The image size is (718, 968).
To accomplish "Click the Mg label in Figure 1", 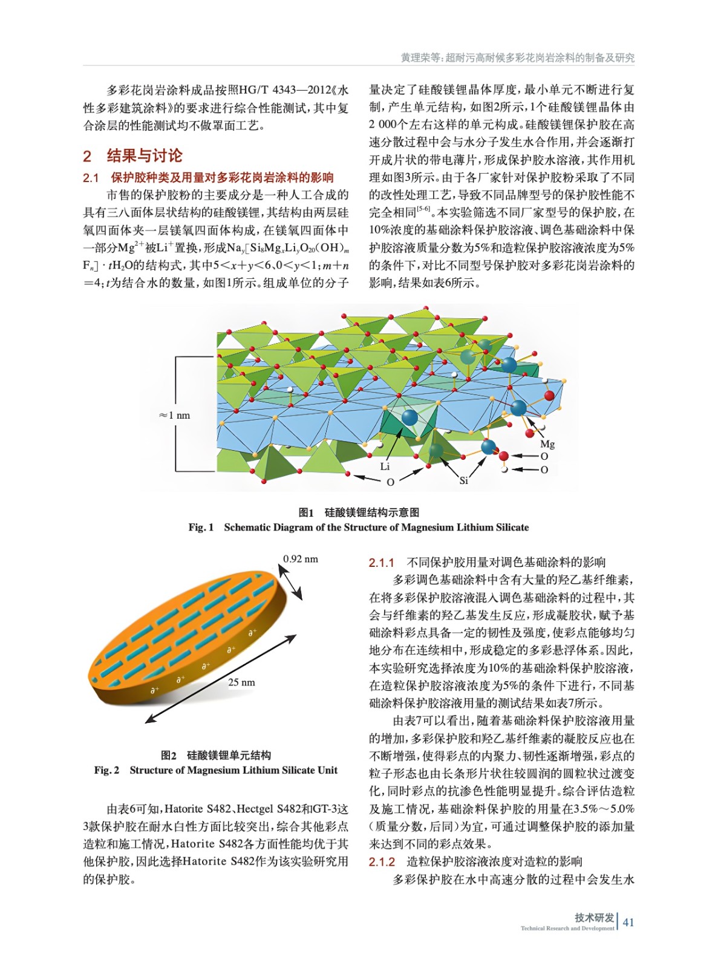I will click(547, 443).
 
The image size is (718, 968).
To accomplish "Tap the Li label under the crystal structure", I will click(385, 466).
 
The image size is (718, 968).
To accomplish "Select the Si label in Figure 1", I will click(463, 480).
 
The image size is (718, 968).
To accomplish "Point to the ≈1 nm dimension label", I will click(174, 415).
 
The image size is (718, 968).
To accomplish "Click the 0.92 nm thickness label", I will click(301, 558).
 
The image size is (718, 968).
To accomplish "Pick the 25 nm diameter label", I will click(241, 682).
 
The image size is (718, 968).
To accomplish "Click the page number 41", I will click(628, 922).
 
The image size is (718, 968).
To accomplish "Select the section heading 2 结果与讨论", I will click(133, 155).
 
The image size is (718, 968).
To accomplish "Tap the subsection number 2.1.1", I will click(381, 563).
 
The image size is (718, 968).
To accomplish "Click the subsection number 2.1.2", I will click(381, 862).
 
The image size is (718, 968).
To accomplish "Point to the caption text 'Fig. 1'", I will click(201, 527).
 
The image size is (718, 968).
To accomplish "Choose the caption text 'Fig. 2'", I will click(106, 770).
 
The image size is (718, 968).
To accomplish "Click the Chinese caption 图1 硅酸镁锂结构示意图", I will click(359, 512).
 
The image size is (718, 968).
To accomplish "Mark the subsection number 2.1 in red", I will click(91, 178).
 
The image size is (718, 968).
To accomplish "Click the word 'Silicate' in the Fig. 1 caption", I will click(512, 527).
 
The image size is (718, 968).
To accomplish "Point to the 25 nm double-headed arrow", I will click(221, 678).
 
